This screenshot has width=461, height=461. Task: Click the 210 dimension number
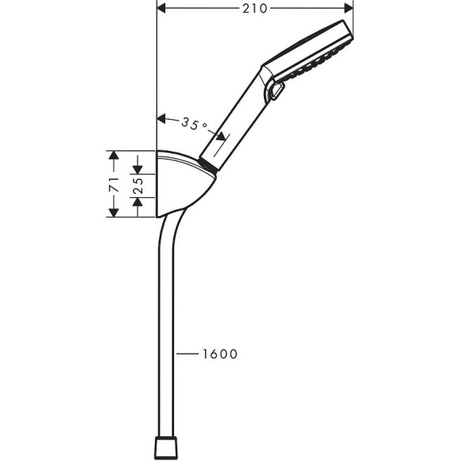(254, 9)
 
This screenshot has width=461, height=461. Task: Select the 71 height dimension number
(114, 185)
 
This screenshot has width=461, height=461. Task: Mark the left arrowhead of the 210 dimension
(161, 9)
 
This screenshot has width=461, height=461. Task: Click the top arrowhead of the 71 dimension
(114, 154)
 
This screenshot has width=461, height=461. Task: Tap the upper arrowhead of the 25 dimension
(139, 171)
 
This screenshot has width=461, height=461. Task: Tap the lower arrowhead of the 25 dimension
(139, 200)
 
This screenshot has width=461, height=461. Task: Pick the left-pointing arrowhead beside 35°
(162, 120)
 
